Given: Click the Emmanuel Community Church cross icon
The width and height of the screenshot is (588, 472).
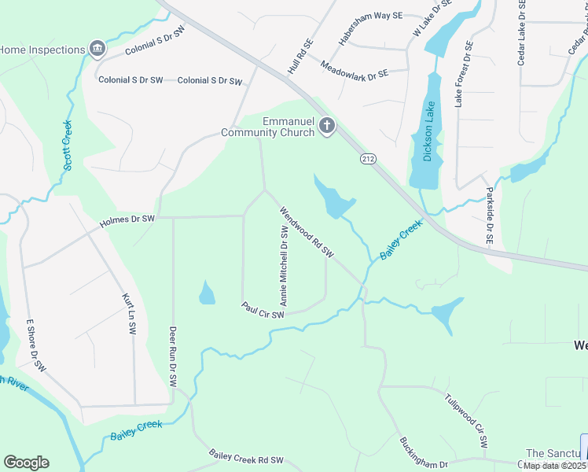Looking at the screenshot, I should point(327,125).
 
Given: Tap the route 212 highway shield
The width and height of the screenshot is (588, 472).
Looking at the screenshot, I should point(368,159).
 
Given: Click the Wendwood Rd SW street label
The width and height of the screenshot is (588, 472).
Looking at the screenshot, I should point(307,233).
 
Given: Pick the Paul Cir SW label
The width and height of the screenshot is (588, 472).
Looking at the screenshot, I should point(263,310).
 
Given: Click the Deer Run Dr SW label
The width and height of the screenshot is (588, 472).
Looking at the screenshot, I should point(172,356).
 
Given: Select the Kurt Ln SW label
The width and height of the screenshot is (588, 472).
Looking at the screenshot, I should point(127,315).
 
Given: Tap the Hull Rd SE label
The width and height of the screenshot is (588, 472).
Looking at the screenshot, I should point(300,57).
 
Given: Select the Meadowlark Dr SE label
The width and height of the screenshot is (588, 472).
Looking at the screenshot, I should point(355,68).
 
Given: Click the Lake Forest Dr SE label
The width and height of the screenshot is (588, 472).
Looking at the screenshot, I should point(463,74).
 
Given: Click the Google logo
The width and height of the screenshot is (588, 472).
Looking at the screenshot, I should point(26,463).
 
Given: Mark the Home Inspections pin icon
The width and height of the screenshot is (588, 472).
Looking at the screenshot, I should point(97,50).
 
